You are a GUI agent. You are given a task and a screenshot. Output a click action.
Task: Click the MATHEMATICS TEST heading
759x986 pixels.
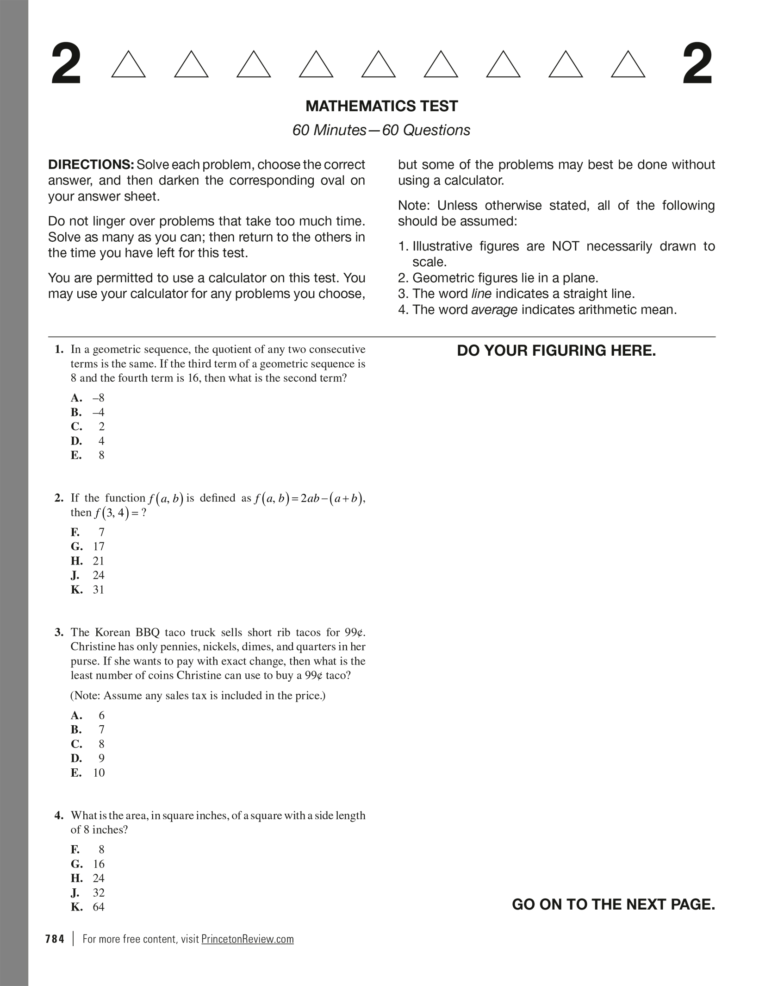[x=381, y=106]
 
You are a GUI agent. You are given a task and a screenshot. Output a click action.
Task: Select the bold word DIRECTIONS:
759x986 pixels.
[x=91, y=165]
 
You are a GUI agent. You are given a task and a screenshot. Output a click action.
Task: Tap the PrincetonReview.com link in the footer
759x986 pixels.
[x=247, y=939]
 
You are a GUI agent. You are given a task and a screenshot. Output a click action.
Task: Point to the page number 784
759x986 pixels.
[x=55, y=939]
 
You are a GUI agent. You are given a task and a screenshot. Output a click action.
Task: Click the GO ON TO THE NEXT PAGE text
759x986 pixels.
[x=613, y=904]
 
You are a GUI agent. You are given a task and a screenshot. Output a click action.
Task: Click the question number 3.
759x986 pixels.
[x=59, y=632]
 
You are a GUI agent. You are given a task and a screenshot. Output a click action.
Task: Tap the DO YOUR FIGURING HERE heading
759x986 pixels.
[x=556, y=351]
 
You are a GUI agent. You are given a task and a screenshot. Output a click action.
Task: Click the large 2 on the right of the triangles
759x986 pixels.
[x=697, y=64]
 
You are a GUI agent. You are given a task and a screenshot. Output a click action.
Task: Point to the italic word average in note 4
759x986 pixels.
[x=494, y=310]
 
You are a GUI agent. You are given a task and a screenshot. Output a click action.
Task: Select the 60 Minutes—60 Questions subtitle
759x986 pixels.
[x=381, y=130]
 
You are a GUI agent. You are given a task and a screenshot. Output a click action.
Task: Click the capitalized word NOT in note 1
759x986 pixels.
[x=565, y=246]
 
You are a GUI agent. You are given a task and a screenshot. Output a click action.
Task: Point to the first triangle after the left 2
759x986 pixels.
[x=129, y=64]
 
